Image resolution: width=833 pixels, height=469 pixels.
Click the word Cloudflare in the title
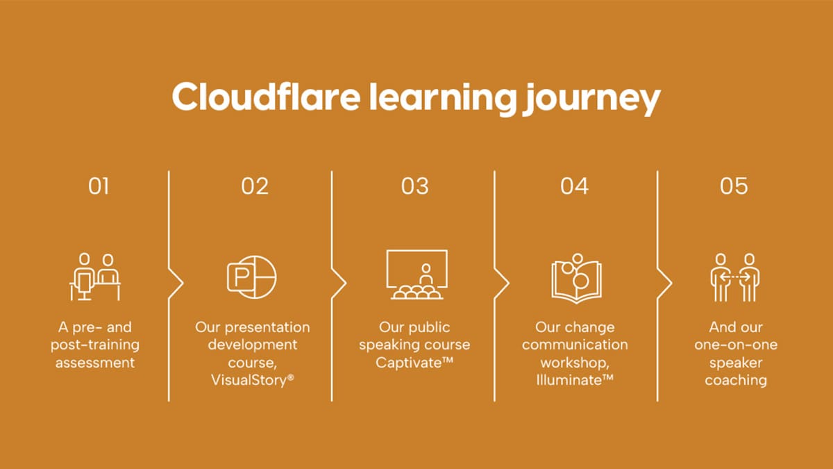tap(265, 97)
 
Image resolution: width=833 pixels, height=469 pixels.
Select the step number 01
tap(98, 186)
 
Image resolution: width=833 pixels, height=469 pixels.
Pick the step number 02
tap(255, 186)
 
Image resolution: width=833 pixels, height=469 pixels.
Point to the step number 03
tap(415, 186)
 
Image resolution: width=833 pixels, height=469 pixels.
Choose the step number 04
tap(575, 186)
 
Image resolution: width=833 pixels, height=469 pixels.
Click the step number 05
tap(734, 186)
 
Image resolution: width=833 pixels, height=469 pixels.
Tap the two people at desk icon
tap(96, 277)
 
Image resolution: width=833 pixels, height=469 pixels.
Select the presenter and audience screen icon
tap(416, 275)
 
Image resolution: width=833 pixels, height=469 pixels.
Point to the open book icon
tap(575, 277)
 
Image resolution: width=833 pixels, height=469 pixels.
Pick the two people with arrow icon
tap(735, 277)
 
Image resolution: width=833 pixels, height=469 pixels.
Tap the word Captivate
tap(409, 363)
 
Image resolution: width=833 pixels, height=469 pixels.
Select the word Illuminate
tap(570, 380)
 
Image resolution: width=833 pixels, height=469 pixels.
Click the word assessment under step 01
tap(95, 363)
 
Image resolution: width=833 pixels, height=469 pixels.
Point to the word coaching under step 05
tap(736, 380)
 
